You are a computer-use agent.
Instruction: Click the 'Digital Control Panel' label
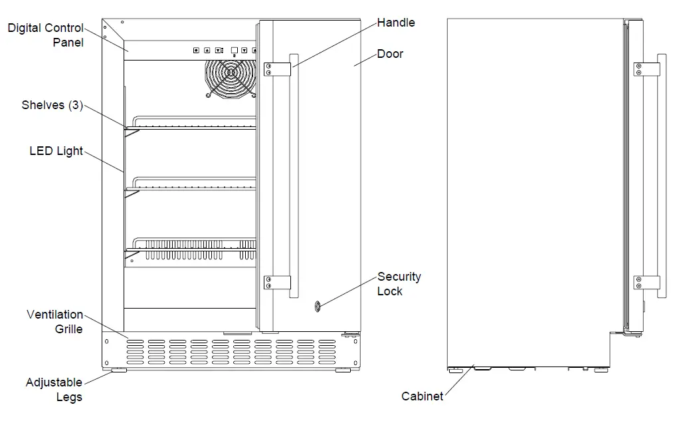(x=45, y=35)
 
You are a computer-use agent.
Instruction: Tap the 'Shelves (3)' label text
(x=52, y=105)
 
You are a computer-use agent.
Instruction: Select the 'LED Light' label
(x=56, y=151)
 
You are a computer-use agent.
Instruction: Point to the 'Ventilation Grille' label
(x=55, y=321)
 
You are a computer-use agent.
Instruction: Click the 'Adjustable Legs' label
(x=54, y=390)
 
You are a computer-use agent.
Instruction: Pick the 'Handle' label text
(x=396, y=23)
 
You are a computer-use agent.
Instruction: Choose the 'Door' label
(x=390, y=54)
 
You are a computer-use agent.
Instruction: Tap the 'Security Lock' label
(x=399, y=283)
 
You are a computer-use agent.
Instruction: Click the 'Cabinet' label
(x=422, y=396)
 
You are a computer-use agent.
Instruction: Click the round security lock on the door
(x=318, y=307)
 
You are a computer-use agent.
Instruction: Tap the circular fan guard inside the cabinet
(x=231, y=78)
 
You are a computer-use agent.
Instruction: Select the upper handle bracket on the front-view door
(x=277, y=69)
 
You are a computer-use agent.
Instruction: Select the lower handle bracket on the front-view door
(x=277, y=283)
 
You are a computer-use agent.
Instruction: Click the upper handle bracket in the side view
(x=646, y=69)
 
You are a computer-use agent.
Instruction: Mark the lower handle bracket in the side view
(x=646, y=283)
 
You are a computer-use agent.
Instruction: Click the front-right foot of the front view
(x=343, y=369)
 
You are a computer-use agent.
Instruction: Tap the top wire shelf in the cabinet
(x=193, y=124)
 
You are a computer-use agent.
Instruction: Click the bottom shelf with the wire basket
(x=193, y=247)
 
